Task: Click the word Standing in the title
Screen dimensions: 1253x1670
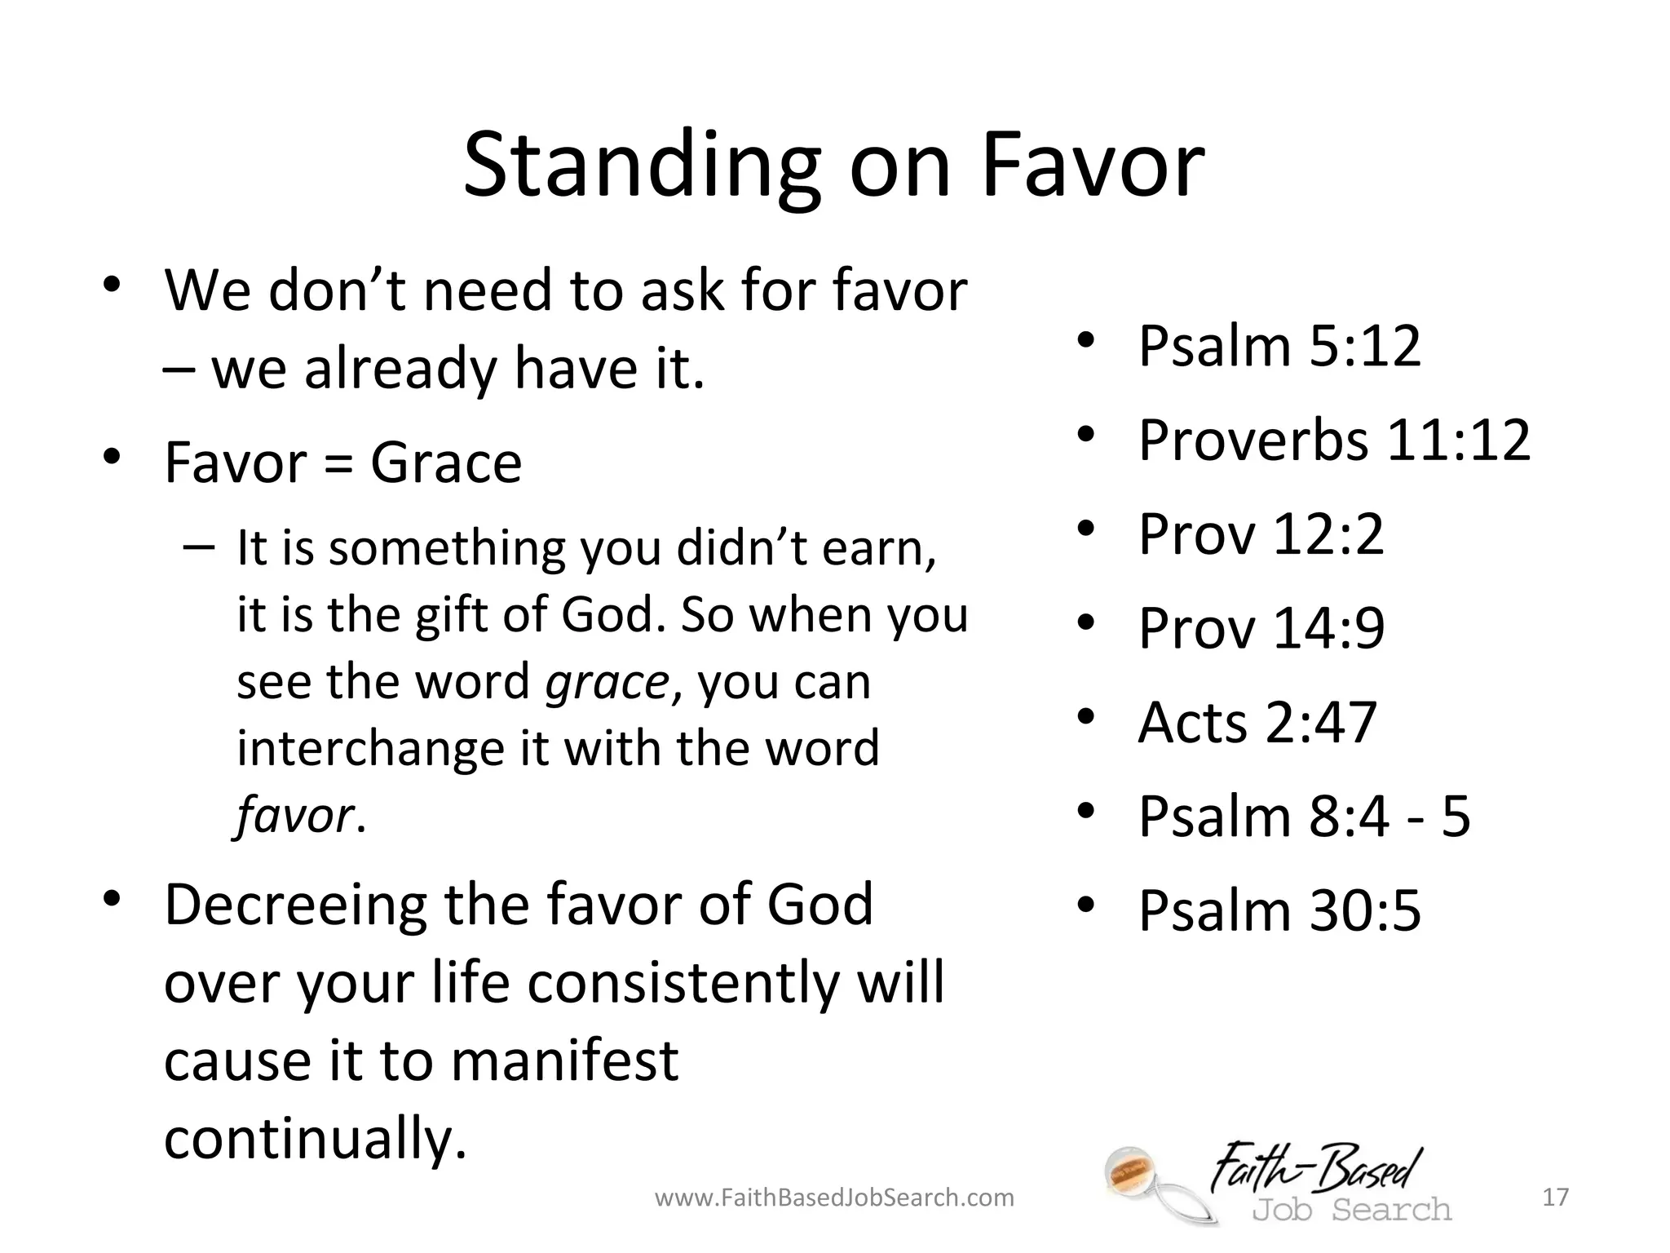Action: (641, 167)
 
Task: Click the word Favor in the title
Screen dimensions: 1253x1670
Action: (1093, 167)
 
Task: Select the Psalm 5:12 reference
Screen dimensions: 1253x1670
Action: (1279, 346)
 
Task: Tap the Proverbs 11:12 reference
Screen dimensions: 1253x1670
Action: (1333, 441)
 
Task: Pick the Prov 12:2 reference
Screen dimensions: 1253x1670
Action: (1260, 534)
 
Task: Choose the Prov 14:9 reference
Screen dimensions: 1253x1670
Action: (1261, 628)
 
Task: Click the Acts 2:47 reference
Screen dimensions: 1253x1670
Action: (1257, 723)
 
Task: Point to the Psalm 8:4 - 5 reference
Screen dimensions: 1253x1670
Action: (1303, 817)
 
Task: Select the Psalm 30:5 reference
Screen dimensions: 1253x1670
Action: (1279, 911)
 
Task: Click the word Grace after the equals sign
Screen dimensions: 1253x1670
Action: (446, 463)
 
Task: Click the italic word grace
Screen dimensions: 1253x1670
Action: (607, 683)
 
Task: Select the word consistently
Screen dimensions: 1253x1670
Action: (683, 983)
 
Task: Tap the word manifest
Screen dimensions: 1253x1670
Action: (564, 1060)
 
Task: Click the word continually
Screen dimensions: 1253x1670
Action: (315, 1139)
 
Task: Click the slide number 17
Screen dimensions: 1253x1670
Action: (1556, 1198)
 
